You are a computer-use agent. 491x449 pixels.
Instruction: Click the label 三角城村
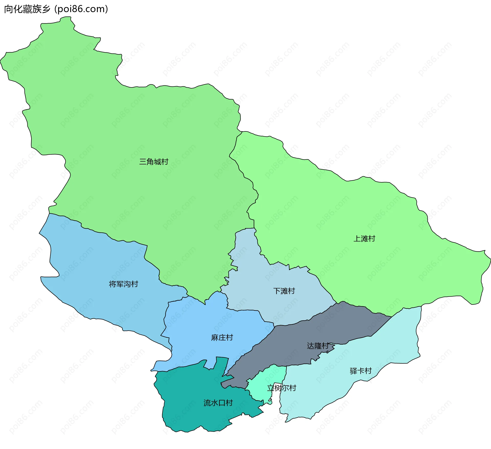(154, 162)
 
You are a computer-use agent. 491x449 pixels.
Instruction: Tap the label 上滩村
(364, 239)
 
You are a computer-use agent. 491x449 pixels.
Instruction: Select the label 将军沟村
(124, 284)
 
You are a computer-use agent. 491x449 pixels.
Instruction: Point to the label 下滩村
(284, 291)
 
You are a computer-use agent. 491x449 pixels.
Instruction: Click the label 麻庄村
(222, 338)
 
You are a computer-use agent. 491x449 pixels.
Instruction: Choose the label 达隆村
(318, 346)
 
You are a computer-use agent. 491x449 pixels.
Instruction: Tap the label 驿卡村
(361, 371)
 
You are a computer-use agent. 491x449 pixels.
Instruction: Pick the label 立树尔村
(282, 388)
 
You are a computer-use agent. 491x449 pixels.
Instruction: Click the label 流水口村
(218, 403)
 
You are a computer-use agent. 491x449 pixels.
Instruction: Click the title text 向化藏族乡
(27, 9)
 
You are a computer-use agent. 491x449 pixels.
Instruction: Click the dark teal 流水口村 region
(194, 414)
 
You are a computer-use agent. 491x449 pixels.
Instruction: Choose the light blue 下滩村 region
(256, 276)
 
